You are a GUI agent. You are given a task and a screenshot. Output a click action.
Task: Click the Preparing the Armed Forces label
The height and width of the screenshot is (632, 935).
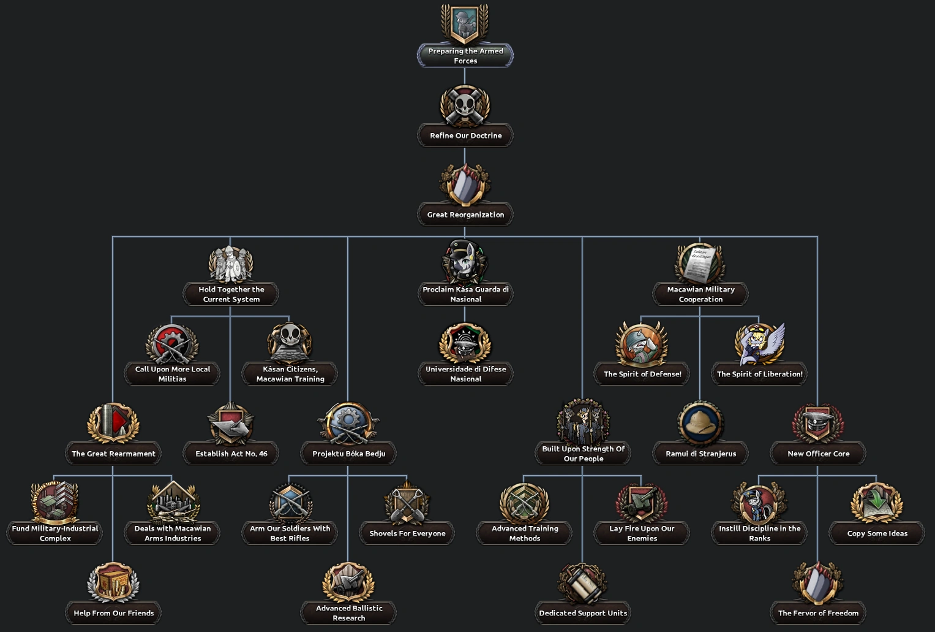point(465,56)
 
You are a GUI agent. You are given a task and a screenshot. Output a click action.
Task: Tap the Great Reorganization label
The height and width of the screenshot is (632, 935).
point(465,215)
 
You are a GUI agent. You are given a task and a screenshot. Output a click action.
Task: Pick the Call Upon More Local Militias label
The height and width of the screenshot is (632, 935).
point(172,374)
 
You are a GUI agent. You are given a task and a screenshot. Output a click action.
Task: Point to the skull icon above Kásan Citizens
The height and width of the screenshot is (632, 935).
point(290,343)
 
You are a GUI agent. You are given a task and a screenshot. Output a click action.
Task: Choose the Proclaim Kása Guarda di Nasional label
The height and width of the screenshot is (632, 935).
point(465,294)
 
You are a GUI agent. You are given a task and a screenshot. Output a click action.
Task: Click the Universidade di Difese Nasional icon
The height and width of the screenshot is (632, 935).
point(465,343)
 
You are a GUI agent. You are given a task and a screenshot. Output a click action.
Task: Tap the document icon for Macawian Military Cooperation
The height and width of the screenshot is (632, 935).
point(700,264)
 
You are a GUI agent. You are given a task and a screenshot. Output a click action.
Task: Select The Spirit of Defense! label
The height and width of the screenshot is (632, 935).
point(642,374)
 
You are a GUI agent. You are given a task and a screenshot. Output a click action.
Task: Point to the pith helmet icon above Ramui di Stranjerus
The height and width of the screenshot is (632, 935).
point(700,423)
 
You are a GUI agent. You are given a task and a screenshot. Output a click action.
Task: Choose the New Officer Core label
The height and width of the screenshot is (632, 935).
point(818,454)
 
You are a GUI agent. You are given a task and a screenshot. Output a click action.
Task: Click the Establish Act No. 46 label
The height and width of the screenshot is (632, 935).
point(231,454)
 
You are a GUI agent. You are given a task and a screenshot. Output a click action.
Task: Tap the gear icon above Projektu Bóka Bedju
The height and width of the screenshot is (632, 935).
point(348,422)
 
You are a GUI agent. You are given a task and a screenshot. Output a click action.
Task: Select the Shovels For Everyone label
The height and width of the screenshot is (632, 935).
point(407,533)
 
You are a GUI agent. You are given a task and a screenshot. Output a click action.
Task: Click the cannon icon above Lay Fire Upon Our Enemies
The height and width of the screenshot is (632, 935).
point(641,503)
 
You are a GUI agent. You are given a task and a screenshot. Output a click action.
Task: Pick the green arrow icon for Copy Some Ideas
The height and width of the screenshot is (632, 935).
point(876,503)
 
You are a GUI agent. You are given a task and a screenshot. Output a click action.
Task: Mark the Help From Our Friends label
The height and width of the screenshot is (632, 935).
point(113,613)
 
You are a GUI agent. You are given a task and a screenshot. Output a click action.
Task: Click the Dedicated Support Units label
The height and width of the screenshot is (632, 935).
point(583,613)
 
